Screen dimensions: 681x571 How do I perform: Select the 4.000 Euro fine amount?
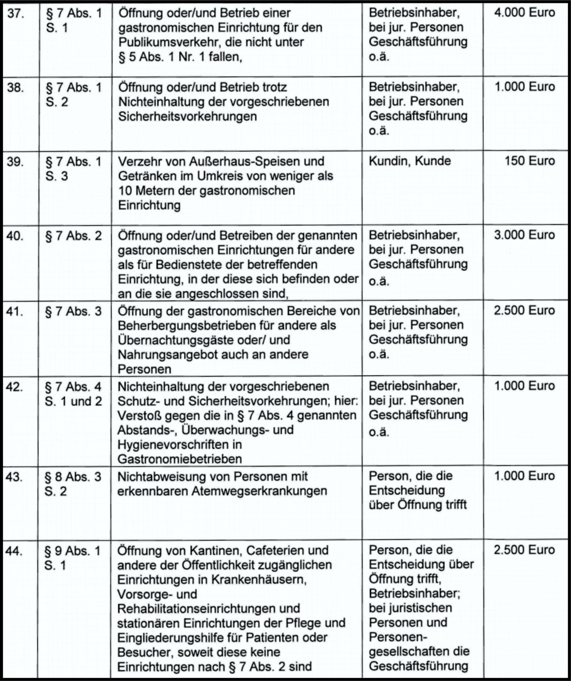524,13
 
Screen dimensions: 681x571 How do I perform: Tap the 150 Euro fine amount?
530,161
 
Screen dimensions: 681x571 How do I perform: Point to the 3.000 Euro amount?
524,235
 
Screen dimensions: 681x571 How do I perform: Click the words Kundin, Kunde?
410,161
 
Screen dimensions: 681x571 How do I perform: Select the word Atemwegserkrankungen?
259,491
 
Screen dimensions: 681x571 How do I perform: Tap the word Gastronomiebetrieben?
180,459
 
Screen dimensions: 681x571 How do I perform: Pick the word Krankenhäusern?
259,580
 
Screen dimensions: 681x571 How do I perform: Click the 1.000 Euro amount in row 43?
524,476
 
